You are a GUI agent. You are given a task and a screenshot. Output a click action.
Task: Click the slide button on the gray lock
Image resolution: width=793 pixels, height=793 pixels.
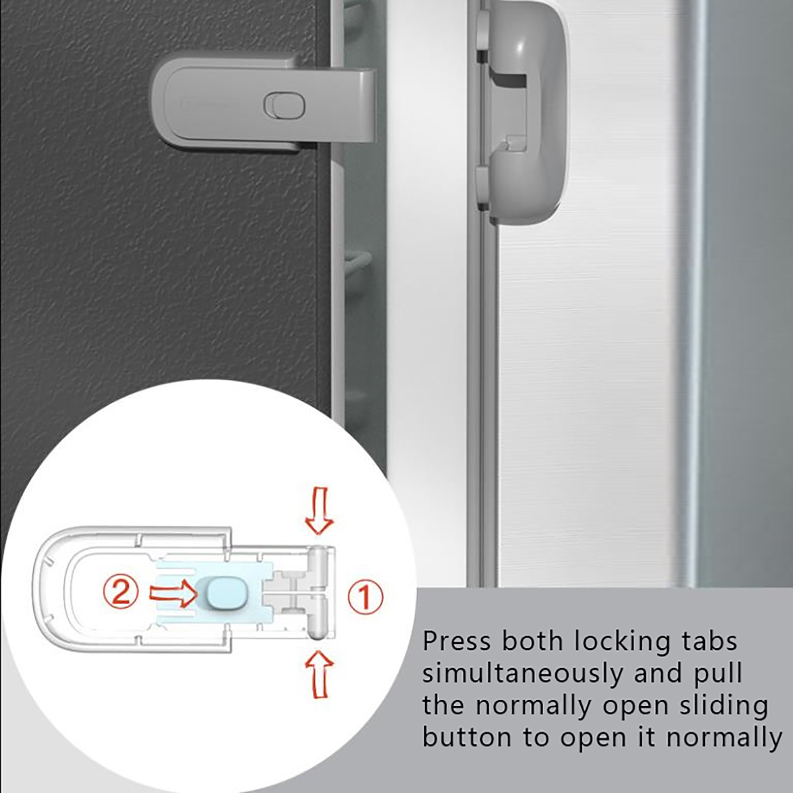click(284, 106)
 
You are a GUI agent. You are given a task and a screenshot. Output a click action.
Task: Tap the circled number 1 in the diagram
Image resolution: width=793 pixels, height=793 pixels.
click(365, 596)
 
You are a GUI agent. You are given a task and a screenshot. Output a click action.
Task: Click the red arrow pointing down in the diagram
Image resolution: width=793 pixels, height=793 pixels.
click(319, 510)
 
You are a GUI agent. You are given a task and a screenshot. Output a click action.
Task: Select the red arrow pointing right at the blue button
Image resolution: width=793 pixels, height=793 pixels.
click(173, 593)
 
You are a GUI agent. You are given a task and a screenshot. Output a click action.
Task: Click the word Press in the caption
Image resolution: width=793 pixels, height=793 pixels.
click(457, 641)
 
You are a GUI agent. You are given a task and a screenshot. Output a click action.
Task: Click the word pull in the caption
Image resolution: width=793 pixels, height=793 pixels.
click(717, 674)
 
